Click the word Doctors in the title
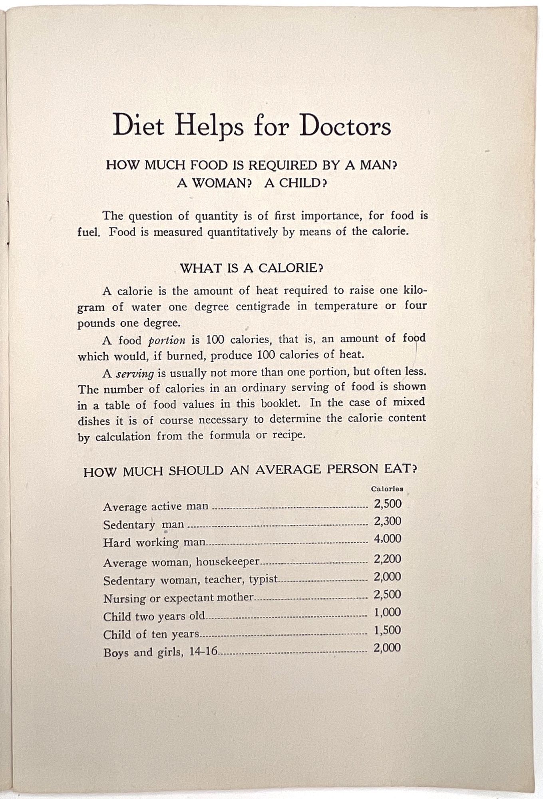[345, 126]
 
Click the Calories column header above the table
[387, 489]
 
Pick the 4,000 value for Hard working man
[388, 539]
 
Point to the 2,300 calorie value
[388, 521]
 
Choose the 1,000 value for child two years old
[387, 612]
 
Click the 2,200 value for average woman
[388, 559]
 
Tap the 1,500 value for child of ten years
[387, 630]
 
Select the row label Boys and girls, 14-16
[160, 652]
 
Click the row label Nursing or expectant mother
[178, 598]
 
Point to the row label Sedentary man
[143, 524]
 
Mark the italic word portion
[167, 340]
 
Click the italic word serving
[135, 374]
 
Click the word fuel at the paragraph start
[88, 232]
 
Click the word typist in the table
[263, 579]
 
